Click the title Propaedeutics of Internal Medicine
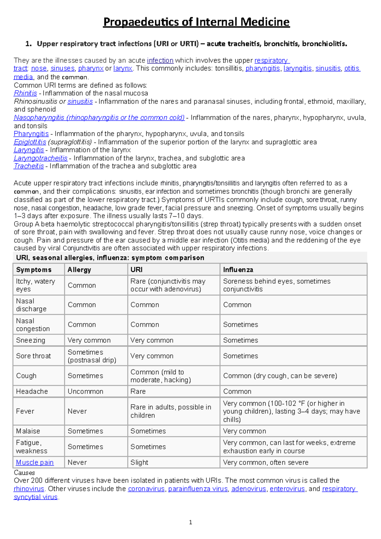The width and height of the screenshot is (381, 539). click(x=196, y=22)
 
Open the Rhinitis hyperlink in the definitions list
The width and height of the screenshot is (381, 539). click(x=25, y=93)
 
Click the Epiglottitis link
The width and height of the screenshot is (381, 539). click(x=30, y=142)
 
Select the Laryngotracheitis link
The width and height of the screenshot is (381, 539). click(x=40, y=158)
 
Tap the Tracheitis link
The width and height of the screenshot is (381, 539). click(x=29, y=166)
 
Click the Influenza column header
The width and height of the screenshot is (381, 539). click(x=238, y=270)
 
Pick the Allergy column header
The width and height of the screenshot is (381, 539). click(x=79, y=270)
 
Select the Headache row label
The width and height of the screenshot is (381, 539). click(x=32, y=391)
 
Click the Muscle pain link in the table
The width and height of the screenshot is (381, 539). click(x=35, y=462)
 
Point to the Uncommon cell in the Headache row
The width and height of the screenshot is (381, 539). click(x=85, y=391)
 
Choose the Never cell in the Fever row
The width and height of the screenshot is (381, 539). click(x=77, y=411)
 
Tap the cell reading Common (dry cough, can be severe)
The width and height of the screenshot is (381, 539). click(x=280, y=376)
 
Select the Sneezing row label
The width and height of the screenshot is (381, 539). click(x=30, y=340)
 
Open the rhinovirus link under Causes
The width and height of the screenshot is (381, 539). click(x=29, y=489)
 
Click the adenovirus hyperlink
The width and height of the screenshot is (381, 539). click(x=249, y=489)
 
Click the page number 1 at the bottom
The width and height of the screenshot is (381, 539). click(x=190, y=522)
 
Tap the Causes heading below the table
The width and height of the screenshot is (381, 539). click(x=24, y=473)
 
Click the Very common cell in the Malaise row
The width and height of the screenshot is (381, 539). click(x=244, y=431)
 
